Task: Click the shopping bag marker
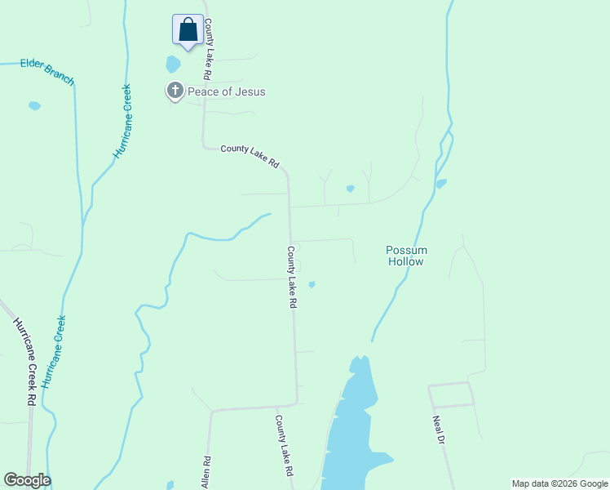tap(188, 30)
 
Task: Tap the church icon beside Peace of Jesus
tap(175, 91)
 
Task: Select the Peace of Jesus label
tap(227, 91)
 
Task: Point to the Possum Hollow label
tap(405, 256)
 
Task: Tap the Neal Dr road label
tap(439, 430)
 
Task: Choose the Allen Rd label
tap(206, 473)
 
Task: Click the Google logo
tap(27, 480)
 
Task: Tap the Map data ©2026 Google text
tap(559, 483)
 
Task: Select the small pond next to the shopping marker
tap(173, 64)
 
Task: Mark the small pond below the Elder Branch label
tap(34, 105)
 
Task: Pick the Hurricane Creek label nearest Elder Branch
tap(123, 122)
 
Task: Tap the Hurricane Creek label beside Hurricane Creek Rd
tap(55, 351)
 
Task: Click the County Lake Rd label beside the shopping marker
tap(209, 48)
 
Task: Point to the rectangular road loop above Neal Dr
tap(452, 394)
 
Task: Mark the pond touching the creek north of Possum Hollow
tap(441, 183)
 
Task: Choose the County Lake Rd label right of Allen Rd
tap(284, 446)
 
